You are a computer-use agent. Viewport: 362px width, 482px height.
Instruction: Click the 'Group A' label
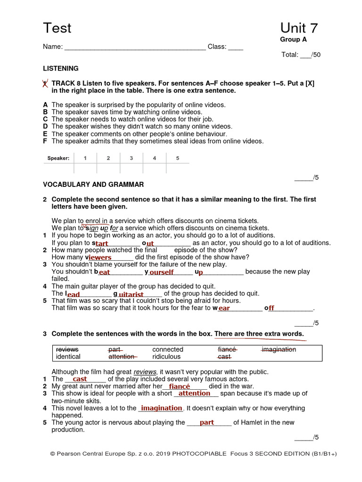point(293,40)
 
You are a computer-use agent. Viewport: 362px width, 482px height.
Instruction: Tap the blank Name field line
point(135,47)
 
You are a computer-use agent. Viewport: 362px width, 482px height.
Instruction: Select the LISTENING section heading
point(61,68)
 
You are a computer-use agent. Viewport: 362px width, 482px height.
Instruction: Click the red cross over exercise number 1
point(45,84)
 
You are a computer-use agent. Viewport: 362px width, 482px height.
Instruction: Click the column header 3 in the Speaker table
point(132,158)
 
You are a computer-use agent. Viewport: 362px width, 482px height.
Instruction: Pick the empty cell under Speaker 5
point(178,168)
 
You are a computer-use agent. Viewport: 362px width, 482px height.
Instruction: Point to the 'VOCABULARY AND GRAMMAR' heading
point(93,185)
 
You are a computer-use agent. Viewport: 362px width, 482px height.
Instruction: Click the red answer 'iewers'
point(100,257)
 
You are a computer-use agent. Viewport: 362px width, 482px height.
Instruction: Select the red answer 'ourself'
point(162,272)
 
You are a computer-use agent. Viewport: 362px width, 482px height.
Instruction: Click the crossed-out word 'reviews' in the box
point(67,349)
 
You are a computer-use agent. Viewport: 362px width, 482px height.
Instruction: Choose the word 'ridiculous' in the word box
point(166,357)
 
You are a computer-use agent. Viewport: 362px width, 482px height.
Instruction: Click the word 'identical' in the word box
point(68,357)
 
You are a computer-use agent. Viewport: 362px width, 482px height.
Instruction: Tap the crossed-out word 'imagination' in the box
point(279,349)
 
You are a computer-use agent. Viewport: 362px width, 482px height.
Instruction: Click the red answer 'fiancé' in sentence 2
point(180,386)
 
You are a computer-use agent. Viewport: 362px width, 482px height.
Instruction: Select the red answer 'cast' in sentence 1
point(80,379)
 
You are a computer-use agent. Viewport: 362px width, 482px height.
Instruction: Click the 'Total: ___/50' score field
point(301,55)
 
